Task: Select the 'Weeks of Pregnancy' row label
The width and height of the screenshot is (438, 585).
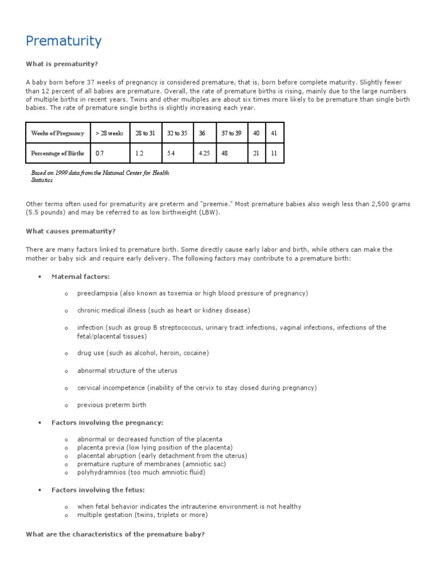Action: click(x=58, y=134)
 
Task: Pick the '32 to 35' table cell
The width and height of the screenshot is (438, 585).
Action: click(x=176, y=134)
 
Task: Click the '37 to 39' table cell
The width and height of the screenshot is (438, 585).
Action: click(x=231, y=134)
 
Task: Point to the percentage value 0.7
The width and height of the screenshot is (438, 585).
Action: click(x=100, y=153)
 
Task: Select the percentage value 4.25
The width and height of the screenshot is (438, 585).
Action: click(x=204, y=153)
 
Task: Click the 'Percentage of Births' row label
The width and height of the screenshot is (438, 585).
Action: click(x=58, y=153)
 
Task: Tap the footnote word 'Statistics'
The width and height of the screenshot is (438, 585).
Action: click(x=42, y=180)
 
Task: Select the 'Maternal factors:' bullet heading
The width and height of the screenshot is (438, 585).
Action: click(x=80, y=277)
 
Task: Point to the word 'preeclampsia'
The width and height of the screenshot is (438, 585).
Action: click(x=98, y=294)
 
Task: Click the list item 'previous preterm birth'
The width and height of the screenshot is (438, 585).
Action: click(x=112, y=405)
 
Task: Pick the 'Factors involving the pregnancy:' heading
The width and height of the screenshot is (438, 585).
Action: click(x=107, y=423)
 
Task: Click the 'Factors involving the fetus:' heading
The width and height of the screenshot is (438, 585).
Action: click(x=99, y=490)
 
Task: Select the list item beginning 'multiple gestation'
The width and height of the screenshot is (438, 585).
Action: click(x=143, y=515)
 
